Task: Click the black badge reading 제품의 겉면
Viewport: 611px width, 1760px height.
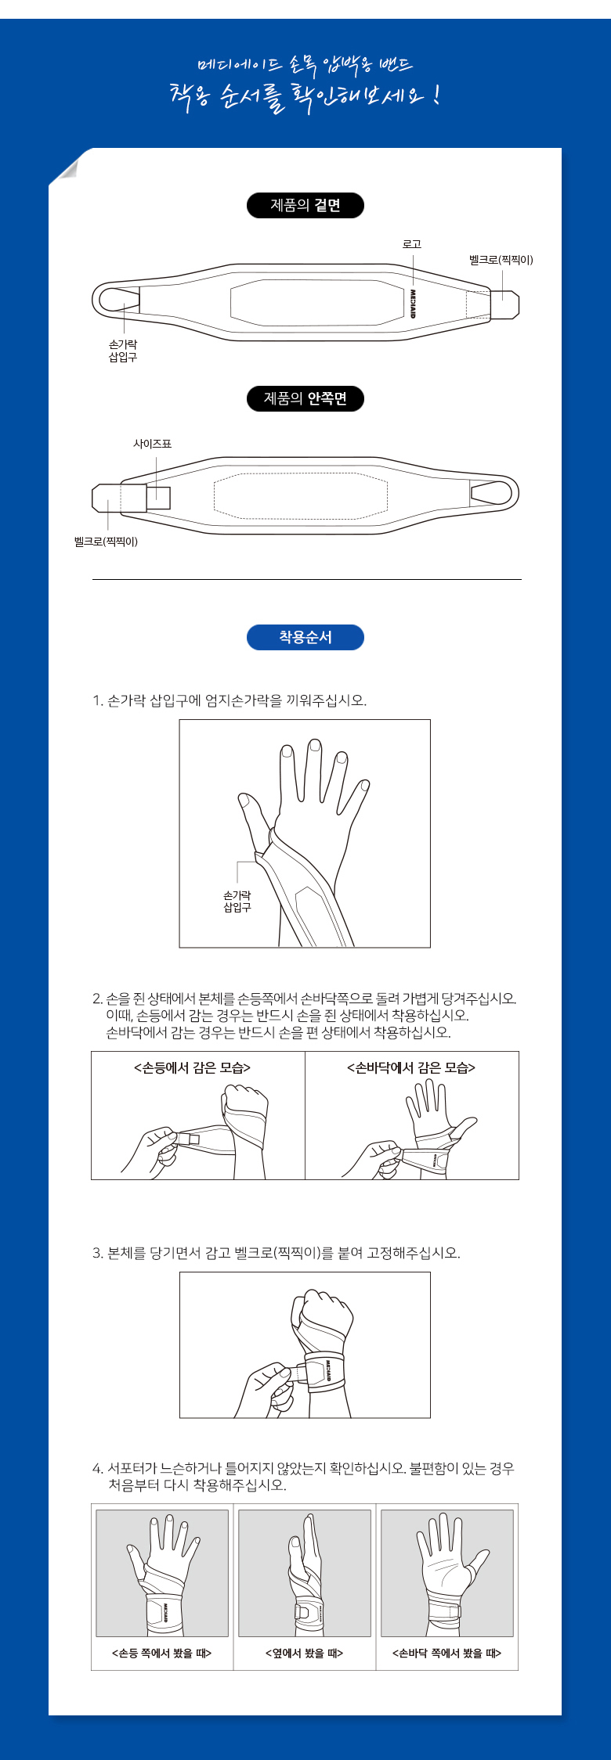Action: click(305, 206)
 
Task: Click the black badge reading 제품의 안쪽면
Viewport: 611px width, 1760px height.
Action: click(305, 398)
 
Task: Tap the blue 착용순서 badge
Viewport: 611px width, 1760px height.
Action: click(305, 637)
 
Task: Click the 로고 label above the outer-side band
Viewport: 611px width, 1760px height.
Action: click(412, 244)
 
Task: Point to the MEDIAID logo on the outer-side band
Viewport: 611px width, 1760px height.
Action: click(413, 303)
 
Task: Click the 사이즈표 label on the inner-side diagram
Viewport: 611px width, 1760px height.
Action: click(152, 444)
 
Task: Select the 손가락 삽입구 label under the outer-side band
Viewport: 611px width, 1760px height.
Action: click(123, 351)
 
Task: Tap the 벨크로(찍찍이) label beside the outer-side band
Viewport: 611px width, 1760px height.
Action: click(501, 260)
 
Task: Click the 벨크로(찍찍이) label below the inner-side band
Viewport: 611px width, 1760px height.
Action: click(106, 542)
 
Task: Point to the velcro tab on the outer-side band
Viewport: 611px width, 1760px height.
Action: click(505, 304)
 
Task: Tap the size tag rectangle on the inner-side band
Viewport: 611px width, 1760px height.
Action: click(158, 498)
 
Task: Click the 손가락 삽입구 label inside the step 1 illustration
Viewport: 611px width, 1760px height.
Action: click(237, 902)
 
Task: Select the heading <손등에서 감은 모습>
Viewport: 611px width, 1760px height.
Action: click(193, 1067)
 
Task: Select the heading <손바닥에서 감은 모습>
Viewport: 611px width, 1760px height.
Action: click(411, 1067)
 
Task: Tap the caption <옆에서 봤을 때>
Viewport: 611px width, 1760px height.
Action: click(304, 1654)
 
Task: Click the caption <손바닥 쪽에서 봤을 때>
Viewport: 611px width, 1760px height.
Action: click(446, 1654)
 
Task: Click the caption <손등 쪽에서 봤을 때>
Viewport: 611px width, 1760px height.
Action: click(162, 1654)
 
